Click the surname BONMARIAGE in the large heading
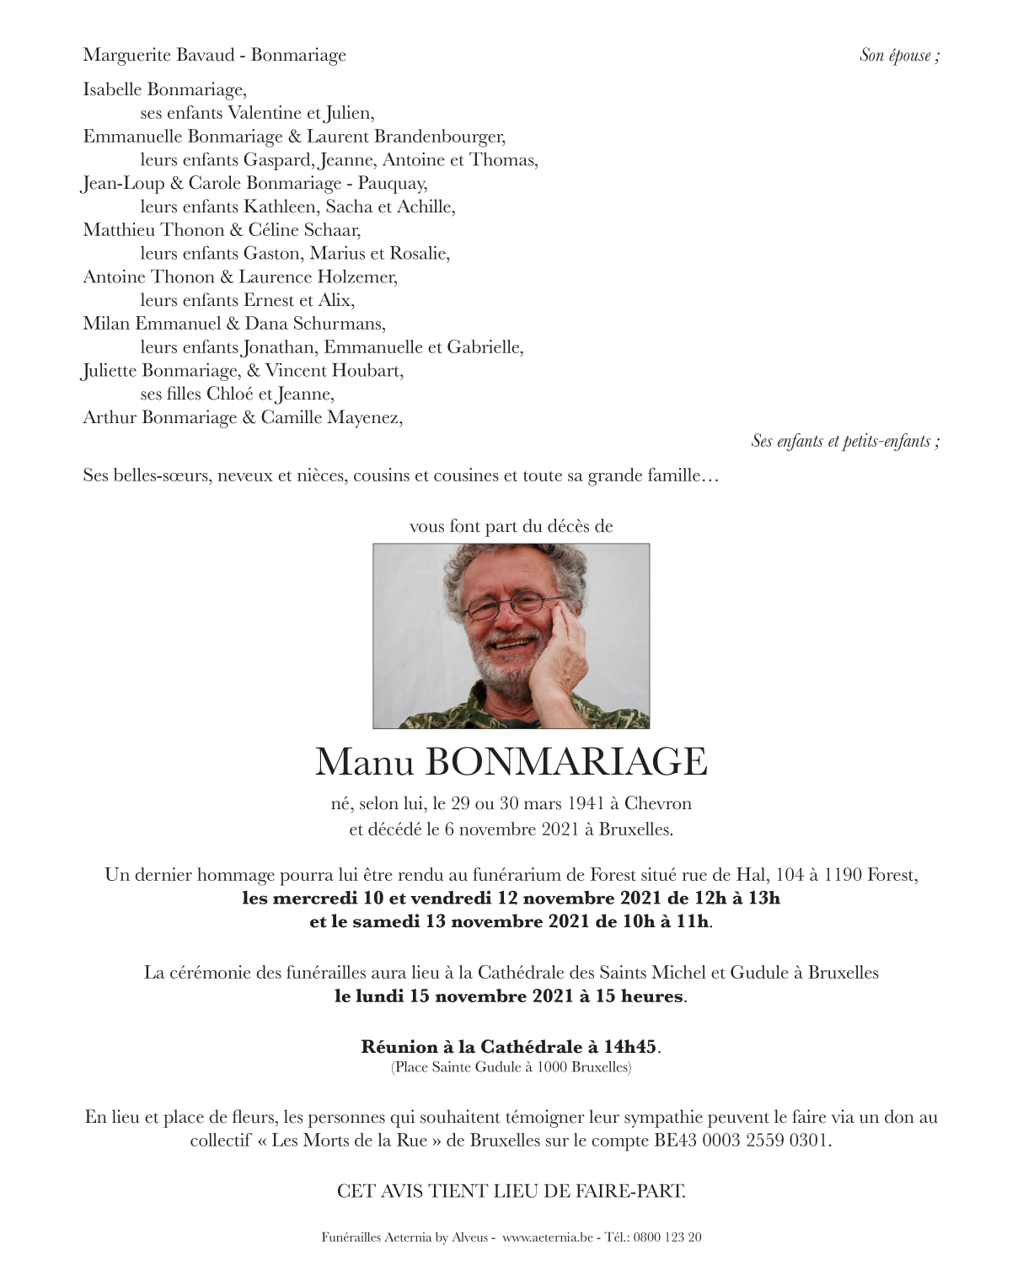coord(566,762)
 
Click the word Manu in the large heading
coord(365,762)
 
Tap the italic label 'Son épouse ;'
coord(899,56)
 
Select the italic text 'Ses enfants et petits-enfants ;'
coord(845,441)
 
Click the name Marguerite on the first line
coord(126,55)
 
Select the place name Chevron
coord(658,803)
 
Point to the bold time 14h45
coord(629,1047)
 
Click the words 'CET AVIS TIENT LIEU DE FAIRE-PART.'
coord(511,1191)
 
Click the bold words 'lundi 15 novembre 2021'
coord(460,996)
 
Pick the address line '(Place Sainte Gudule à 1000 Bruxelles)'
coord(511,1067)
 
